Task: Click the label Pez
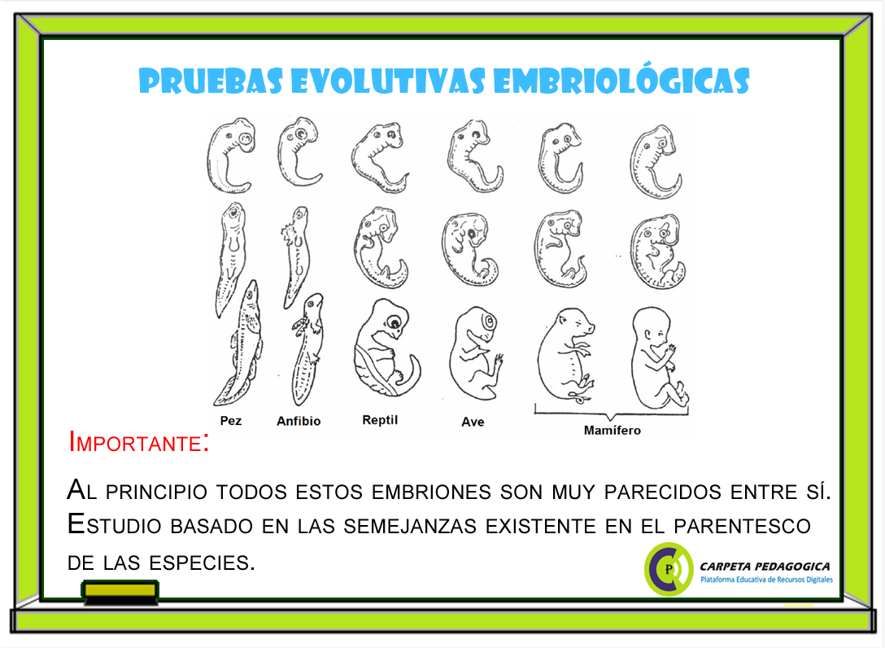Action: (231, 421)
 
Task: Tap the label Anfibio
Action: (299, 421)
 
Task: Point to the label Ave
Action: (473, 422)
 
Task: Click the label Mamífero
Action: (612, 430)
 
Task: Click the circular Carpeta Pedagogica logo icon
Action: (669, 568)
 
